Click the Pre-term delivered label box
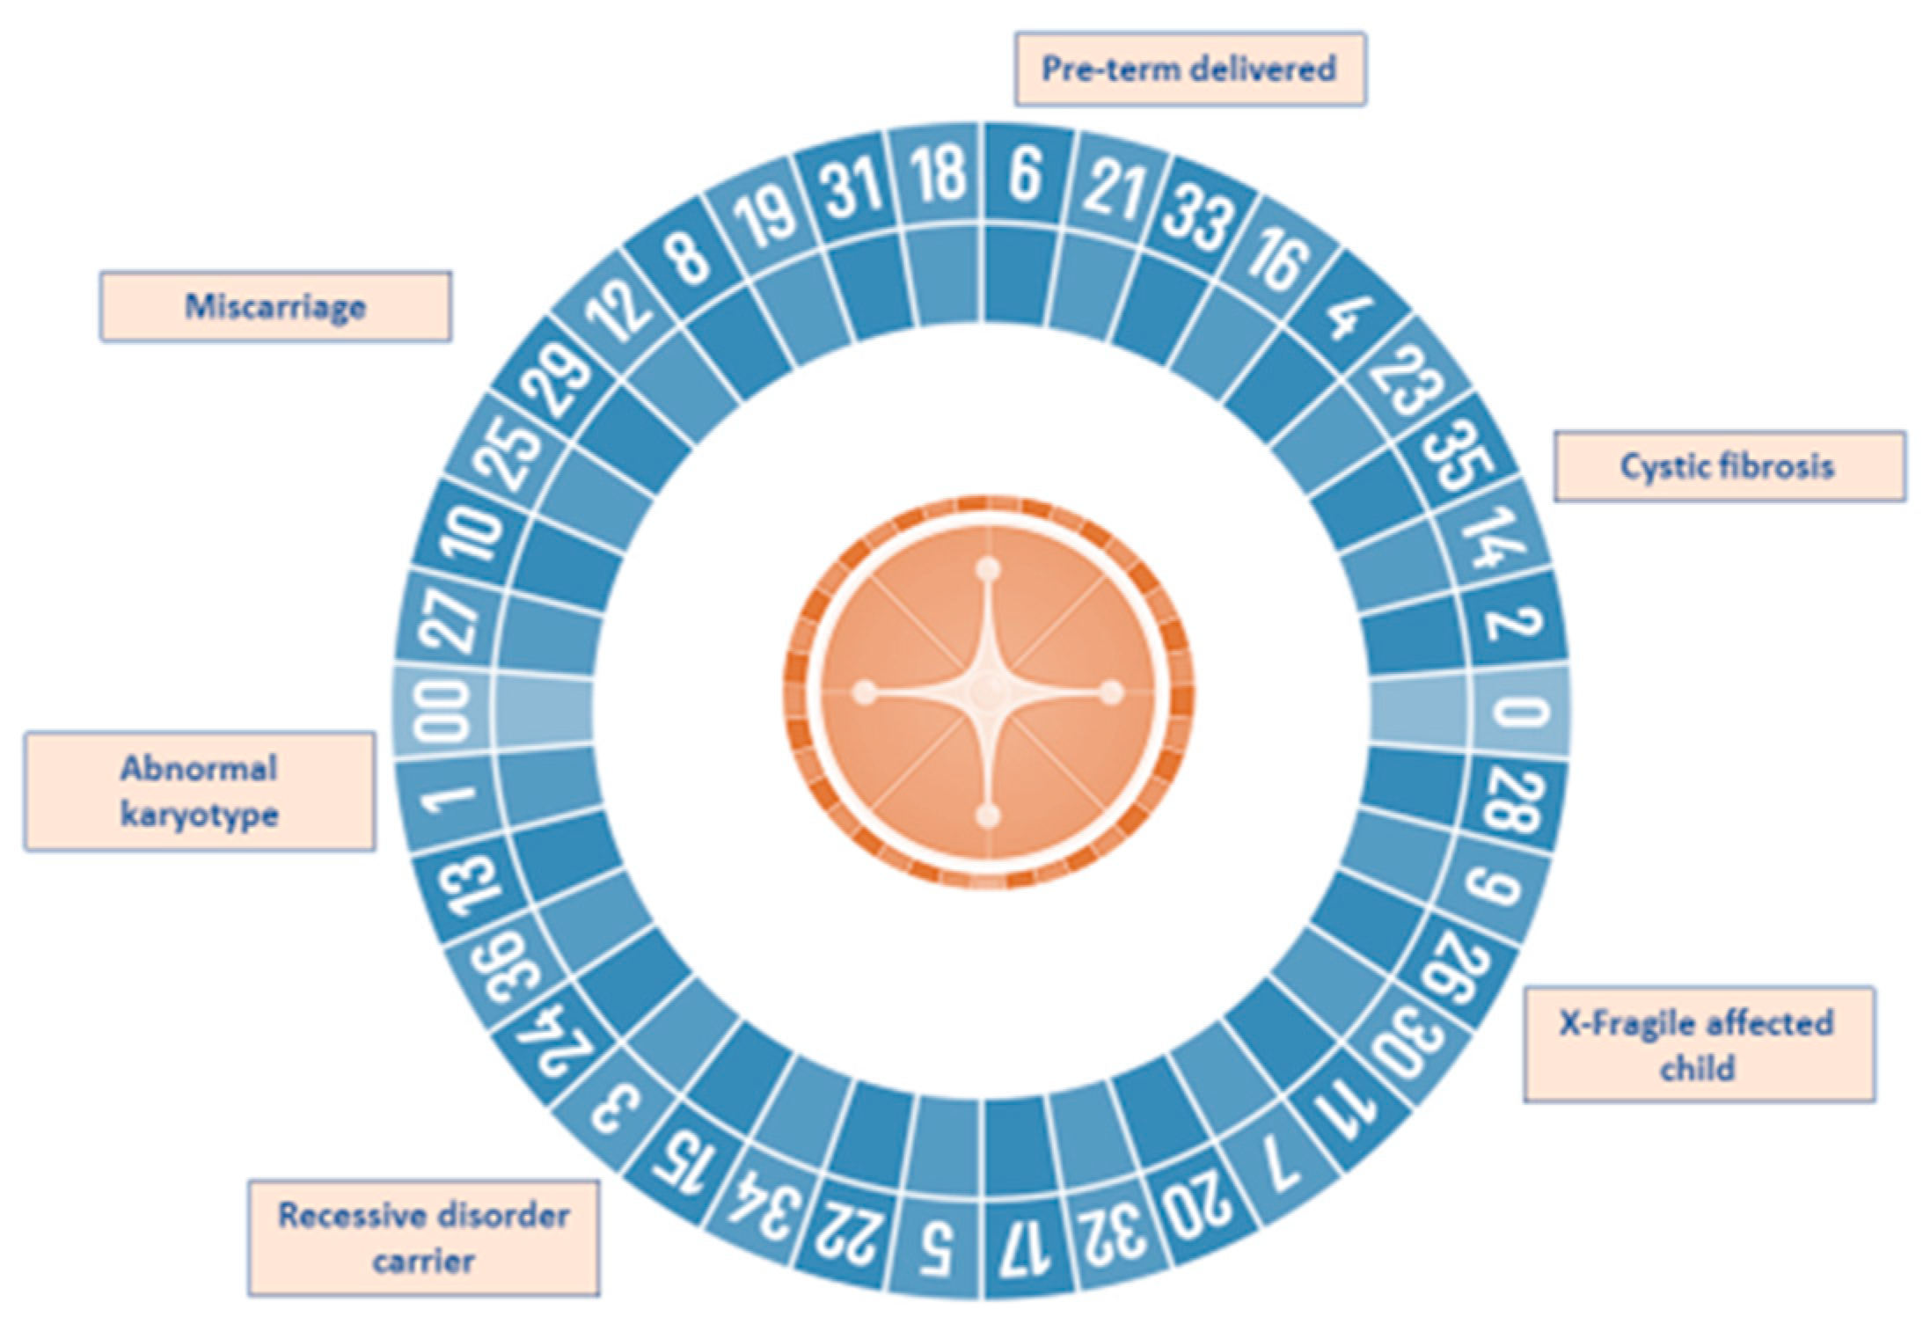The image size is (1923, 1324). coord(1189,69)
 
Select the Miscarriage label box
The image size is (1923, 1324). coord(275,306)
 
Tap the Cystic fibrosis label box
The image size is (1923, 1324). coord(1729,465)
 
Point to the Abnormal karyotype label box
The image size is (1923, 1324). coord(200,791)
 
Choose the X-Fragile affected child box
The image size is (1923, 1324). coord(1699,1044)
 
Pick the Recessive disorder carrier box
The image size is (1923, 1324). coord(423,1237)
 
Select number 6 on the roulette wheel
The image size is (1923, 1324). coord(1026,173)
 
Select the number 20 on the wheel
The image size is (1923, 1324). coord(1195,1209)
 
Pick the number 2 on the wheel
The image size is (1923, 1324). coord(1513,620)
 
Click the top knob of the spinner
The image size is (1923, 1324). coord(989,570)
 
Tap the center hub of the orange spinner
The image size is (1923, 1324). coord(989,693)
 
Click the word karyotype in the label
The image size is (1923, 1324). coord(200,815)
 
